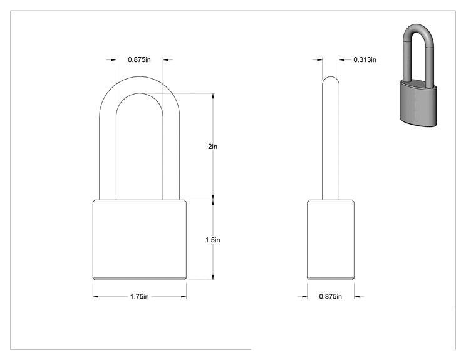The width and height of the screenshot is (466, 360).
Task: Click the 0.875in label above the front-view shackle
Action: click(x=139, y=59)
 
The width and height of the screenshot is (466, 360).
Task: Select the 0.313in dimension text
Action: click(x=365, y=59)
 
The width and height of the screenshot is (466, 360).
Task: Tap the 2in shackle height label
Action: click(x=212, y=147)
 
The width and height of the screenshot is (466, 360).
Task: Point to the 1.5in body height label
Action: click(x=212, y=240)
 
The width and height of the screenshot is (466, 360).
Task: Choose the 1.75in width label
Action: click(x=139, y=296)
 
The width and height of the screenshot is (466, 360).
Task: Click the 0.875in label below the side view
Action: click(x=330, y=296)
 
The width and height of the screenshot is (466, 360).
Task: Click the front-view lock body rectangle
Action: click(x=140, y=240)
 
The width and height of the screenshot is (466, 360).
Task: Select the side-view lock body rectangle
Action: click(x=331, y=240)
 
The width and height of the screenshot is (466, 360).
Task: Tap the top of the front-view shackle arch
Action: click(x=140, y=77)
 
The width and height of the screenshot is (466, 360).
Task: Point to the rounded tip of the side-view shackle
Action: click(x=331, y=77)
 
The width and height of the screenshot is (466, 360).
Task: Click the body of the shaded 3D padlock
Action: click(x=418, y=104)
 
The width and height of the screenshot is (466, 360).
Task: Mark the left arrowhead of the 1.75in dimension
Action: click(x=95, y=296)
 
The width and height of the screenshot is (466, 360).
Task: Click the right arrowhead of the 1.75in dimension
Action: click(x=184, y=296)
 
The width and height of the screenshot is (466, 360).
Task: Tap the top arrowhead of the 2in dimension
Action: click(x=213, y=96)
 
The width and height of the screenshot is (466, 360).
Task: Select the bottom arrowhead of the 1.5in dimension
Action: click(x=213, y=277)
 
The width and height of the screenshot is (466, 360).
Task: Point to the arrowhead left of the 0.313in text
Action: click(x=319, y=60)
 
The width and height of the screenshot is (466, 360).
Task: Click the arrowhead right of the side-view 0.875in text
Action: click(x=357, y=296)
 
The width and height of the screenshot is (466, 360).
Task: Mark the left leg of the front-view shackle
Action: click(x=108, y=155)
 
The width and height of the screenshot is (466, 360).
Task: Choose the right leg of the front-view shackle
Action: click(x=171, y=155)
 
